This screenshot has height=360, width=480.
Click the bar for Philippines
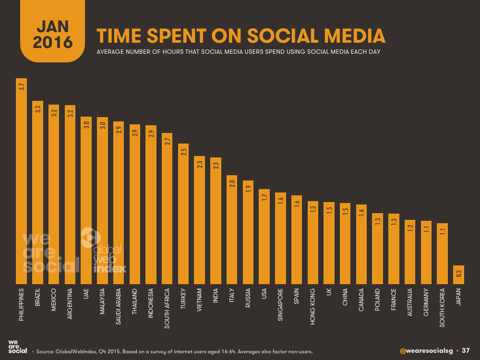(x=22, y=182)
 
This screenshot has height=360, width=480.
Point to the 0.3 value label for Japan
(x=459, y=274)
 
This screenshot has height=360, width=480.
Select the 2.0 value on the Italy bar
(x=232, y=183)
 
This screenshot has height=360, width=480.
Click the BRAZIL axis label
(x=38, y=300)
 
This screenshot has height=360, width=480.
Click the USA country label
(x=264, y=298)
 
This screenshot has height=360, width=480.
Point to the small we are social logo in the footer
(x=18, y=347)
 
